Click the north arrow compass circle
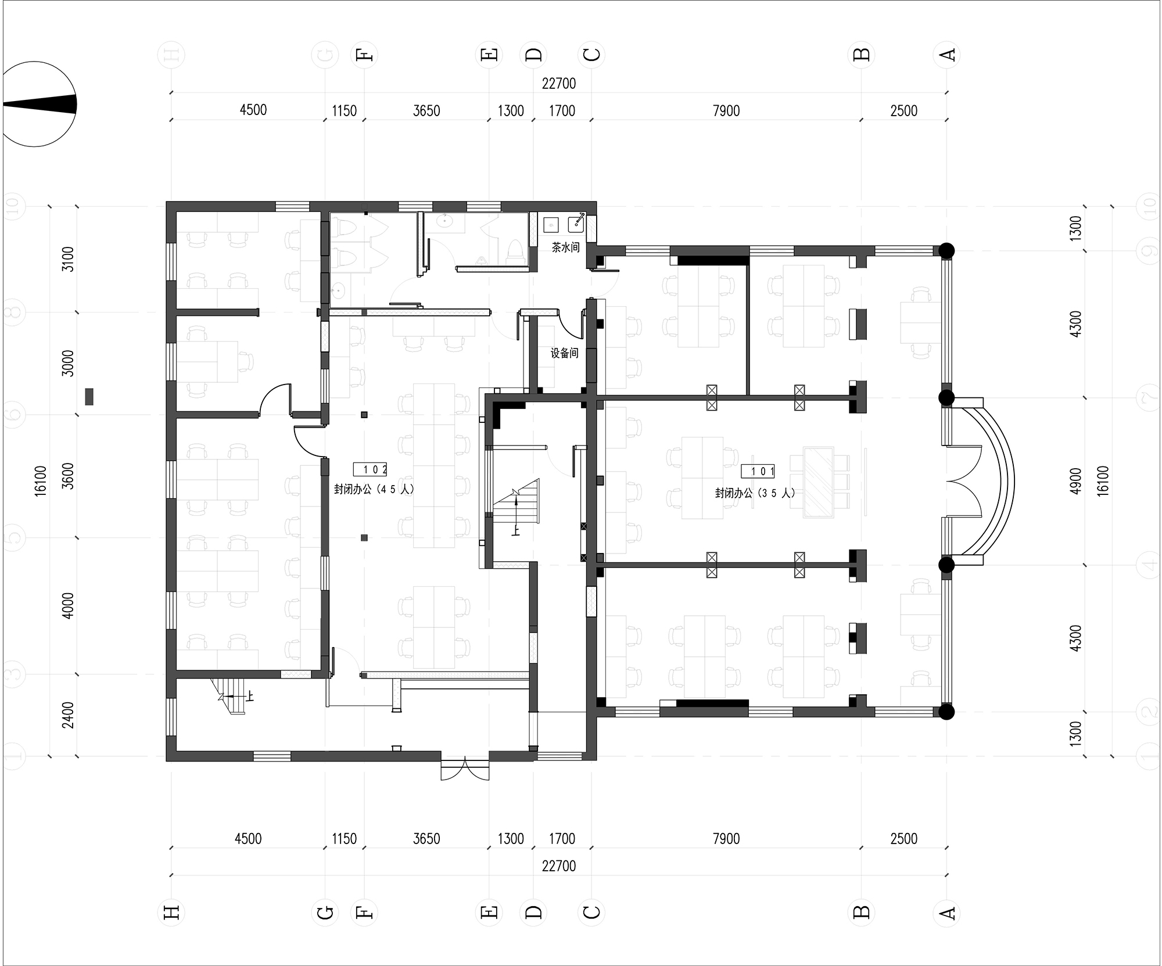40,104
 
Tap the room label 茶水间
565,248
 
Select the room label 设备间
564,353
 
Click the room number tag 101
758,471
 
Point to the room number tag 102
370,469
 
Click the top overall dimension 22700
559,84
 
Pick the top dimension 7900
726,111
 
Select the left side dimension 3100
69,259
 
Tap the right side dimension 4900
1075,481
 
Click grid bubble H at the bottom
171,913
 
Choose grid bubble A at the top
946,55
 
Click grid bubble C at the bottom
591,913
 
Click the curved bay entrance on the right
988,481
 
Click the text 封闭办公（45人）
374,489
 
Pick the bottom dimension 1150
344,839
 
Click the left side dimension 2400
69,715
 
